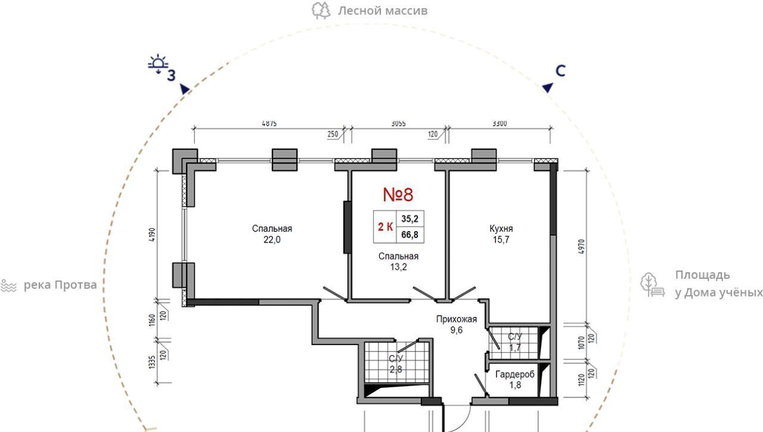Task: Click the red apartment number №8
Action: click(x=398, y=194)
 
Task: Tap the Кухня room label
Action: click(x=501, y=228)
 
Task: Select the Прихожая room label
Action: click(x=457, y=319)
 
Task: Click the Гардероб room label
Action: click(x=514, y=374)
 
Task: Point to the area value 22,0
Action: click(x=272, y=240)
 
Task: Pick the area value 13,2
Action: click(x=398, y=267)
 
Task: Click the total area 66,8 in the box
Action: click(x=410, y=235)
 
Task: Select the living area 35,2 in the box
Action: click(x=410, y=219)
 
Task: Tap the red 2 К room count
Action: click(x=385, y=226)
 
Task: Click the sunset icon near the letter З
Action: click(x=158, y=64)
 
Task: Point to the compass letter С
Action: click(x=560, y=71)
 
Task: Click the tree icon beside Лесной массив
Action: click(x=321, y=11)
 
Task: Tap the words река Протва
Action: click(x=60, y=285)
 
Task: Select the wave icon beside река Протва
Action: click(x=8, y=285)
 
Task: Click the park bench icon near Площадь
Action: click(x=652, y=285)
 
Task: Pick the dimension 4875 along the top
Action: click(x=269, y=123)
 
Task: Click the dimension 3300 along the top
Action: click(x=500, y=123)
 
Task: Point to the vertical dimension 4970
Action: click(x=581, y=247)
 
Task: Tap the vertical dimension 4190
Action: click(x=152, y=235)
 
